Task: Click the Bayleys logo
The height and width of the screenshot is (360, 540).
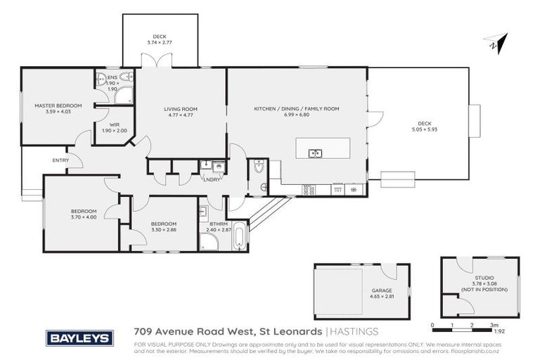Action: pyautogui.click(x=79, y=338)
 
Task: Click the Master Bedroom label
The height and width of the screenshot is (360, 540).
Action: pyautogui.click(x=58, y=105)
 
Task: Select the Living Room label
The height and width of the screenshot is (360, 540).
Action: pyautogui.click(x=181, y=109)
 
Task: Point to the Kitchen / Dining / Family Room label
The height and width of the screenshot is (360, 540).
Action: pyautogui.click(x=296, y=109)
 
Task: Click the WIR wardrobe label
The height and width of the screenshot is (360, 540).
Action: pyautogui.click(x=114, y=124)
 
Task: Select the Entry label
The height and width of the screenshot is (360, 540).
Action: pyautogui.click(x=60, y=160)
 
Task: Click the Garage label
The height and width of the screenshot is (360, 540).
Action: pyautogui.click(x=382, y=290)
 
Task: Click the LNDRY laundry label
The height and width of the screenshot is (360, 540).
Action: pyautogui.click(x=211, y=179)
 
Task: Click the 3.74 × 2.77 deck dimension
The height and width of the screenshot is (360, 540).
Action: pyautogui.click(x=160, y=43)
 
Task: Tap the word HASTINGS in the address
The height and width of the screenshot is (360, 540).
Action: pyautogui.click(x=355, y=331)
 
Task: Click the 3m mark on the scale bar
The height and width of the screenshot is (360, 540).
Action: pyautogui.click(x=494, y=325)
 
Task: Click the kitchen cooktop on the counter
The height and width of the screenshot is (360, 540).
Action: pyautogui.click(x=308, y=189)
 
